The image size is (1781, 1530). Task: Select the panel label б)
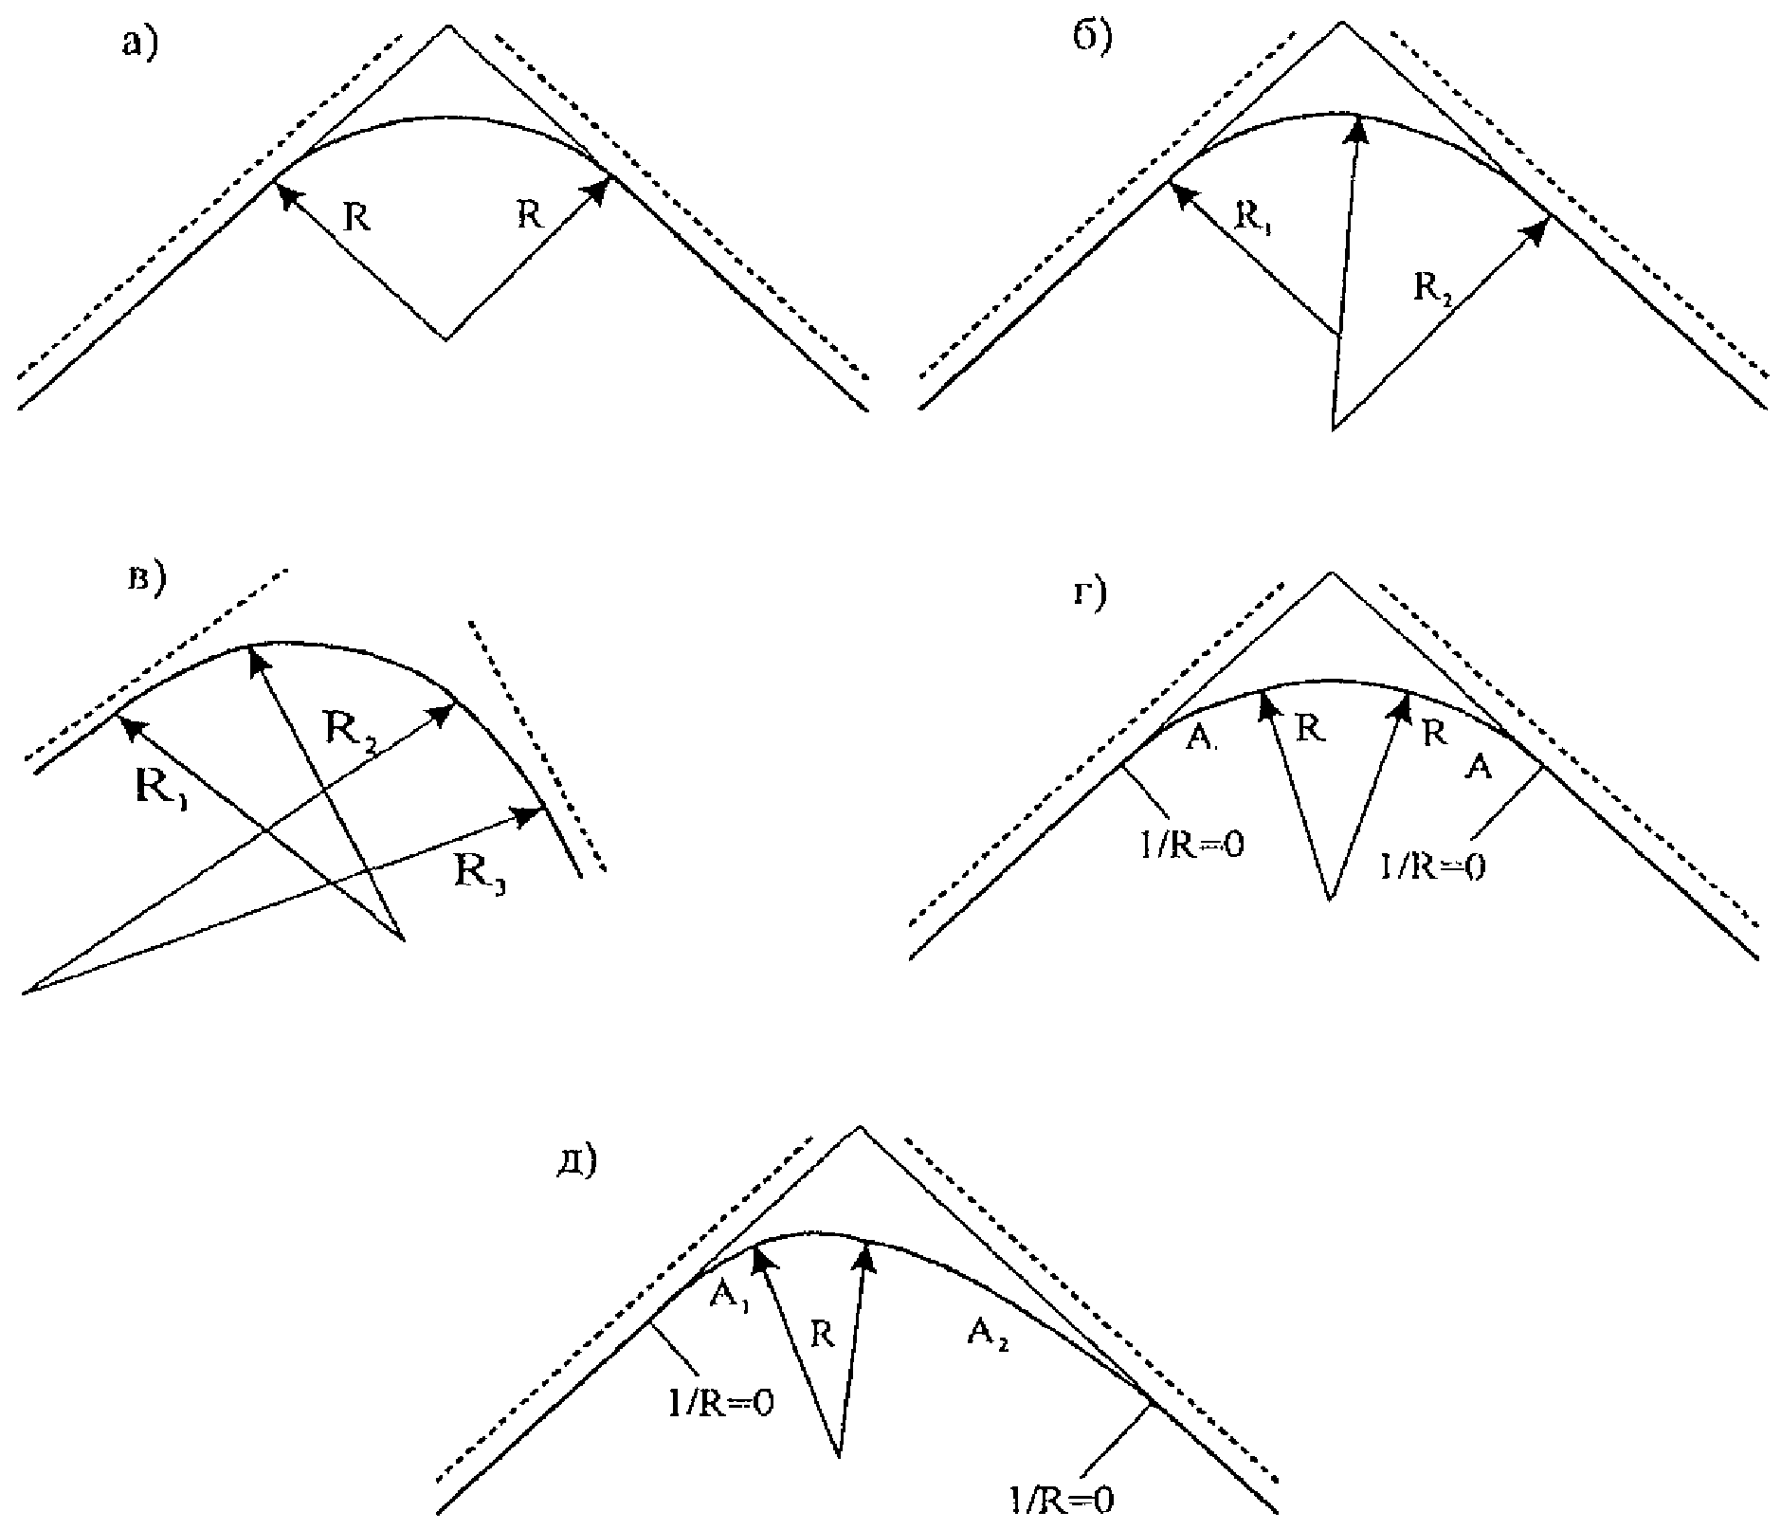(1092, 37)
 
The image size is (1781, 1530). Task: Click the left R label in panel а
(356, 218)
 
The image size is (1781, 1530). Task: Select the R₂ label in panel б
(1432, 287)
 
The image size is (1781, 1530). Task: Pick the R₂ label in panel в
(350, 729)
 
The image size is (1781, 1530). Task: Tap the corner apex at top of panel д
(860, 1127)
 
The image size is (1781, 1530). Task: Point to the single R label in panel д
(823, 1337)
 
